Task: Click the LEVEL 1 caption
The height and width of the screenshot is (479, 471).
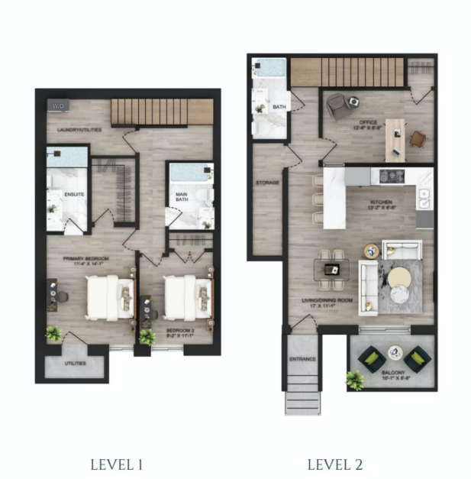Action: (118, 464)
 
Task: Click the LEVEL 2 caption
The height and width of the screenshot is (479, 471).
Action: (335, 464)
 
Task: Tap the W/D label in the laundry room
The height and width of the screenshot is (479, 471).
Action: (58, 105)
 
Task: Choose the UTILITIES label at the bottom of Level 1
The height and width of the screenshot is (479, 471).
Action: (75, 363)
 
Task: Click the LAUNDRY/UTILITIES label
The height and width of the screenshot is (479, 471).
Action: (80, 131)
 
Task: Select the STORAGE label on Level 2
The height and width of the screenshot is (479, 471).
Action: (267, 183)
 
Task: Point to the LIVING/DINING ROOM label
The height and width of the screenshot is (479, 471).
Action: (327, 303)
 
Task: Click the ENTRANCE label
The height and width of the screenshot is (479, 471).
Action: (302, 358)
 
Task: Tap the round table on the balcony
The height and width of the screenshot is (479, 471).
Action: (395, 353)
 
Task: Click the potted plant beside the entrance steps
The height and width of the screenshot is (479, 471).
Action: (354, 378)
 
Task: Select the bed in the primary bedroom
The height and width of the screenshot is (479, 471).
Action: (103, 296)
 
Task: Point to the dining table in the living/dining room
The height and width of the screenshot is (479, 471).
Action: (332, 269)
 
